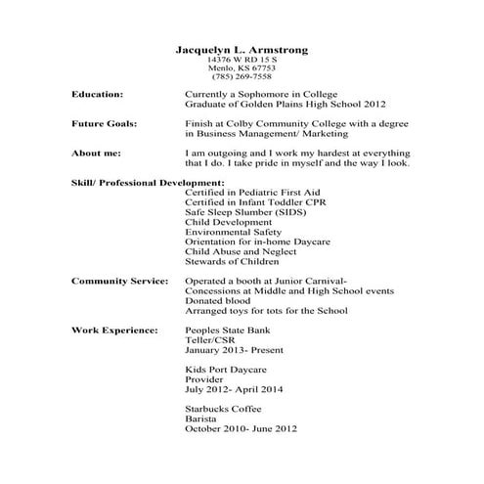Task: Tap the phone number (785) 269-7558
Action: tap(242, 76)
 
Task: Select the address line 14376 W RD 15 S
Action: tap(242, 60)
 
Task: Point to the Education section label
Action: tap(98, 94)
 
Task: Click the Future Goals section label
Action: tap(105, 124)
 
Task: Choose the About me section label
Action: tap(98, 154)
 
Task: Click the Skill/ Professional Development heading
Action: tap(149, 183)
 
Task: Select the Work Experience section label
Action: tap(114, 330)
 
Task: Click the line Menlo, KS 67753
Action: tap(242, 67)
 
